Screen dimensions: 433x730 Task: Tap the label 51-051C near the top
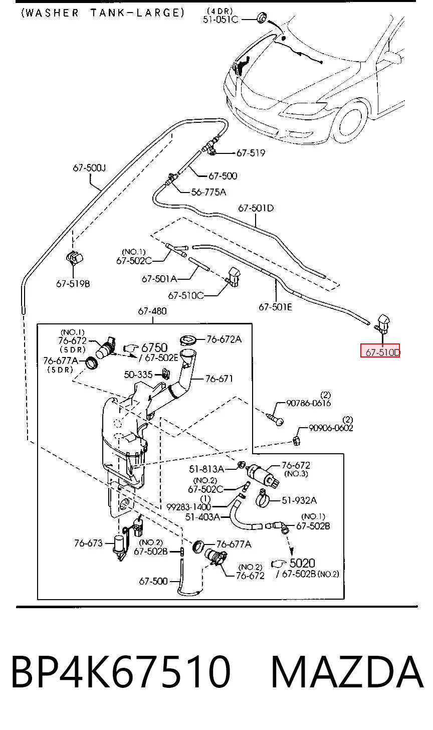tap(221, 20)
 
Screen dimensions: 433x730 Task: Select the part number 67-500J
tap(89, 168)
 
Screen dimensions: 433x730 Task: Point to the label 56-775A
tap(208, 192)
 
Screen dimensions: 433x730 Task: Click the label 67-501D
tap(256, 208)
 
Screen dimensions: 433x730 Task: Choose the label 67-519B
tap(73, 284)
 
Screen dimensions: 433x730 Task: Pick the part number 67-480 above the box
tap(152, 311)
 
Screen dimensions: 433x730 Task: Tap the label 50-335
tap(138, 375)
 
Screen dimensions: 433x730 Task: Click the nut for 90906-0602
tap(296, 441)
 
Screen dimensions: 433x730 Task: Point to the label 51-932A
tap(299, 500)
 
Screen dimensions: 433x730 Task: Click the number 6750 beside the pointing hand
tap(154, 347)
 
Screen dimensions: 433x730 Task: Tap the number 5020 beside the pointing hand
tap(302, 563)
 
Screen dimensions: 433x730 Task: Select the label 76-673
tap(88, 543)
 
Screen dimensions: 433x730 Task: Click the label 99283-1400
tap(188, 507)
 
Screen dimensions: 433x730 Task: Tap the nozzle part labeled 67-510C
tap(234, 277)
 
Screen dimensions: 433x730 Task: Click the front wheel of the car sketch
tap(351, 122)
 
